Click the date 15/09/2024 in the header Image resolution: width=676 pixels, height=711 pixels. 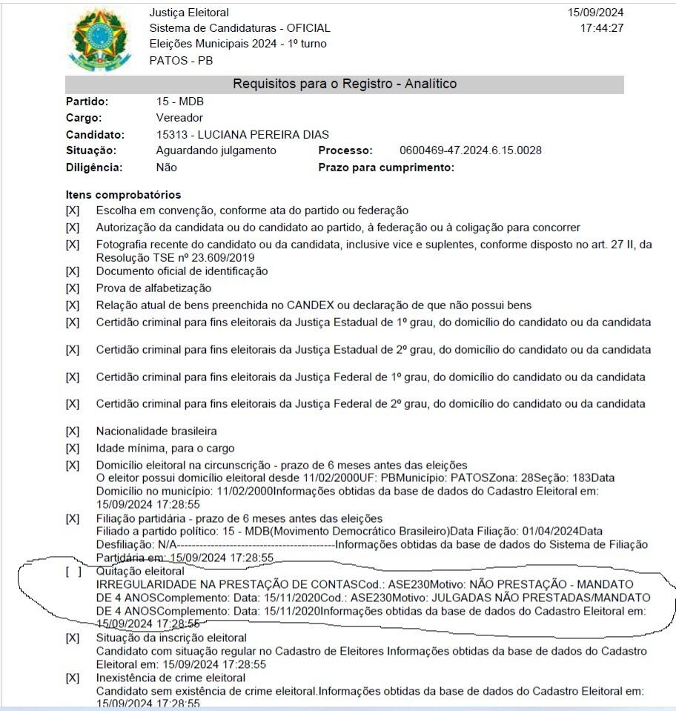596,13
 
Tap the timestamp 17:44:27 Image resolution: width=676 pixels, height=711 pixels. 603,28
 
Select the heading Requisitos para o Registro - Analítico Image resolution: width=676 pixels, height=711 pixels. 345,84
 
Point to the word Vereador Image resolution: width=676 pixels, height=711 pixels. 179,118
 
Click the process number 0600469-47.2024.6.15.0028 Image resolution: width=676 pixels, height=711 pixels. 470,151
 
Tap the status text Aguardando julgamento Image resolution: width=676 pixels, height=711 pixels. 216,151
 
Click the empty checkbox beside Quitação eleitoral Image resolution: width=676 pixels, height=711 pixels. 73,572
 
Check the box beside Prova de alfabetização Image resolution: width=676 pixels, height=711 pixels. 73,288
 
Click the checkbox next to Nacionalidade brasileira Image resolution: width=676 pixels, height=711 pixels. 73,431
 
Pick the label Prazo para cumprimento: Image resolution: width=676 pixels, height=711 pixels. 386,168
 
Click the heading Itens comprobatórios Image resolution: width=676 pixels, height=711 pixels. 123,195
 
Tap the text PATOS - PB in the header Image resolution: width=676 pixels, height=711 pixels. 181,60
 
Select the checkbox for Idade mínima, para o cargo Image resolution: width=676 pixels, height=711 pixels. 73,449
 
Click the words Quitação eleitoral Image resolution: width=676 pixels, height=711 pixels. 140,572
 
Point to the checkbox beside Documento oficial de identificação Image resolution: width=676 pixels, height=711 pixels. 73,271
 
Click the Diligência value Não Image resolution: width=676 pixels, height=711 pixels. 167,168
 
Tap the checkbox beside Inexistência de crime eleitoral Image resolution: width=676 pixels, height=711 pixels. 73,678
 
